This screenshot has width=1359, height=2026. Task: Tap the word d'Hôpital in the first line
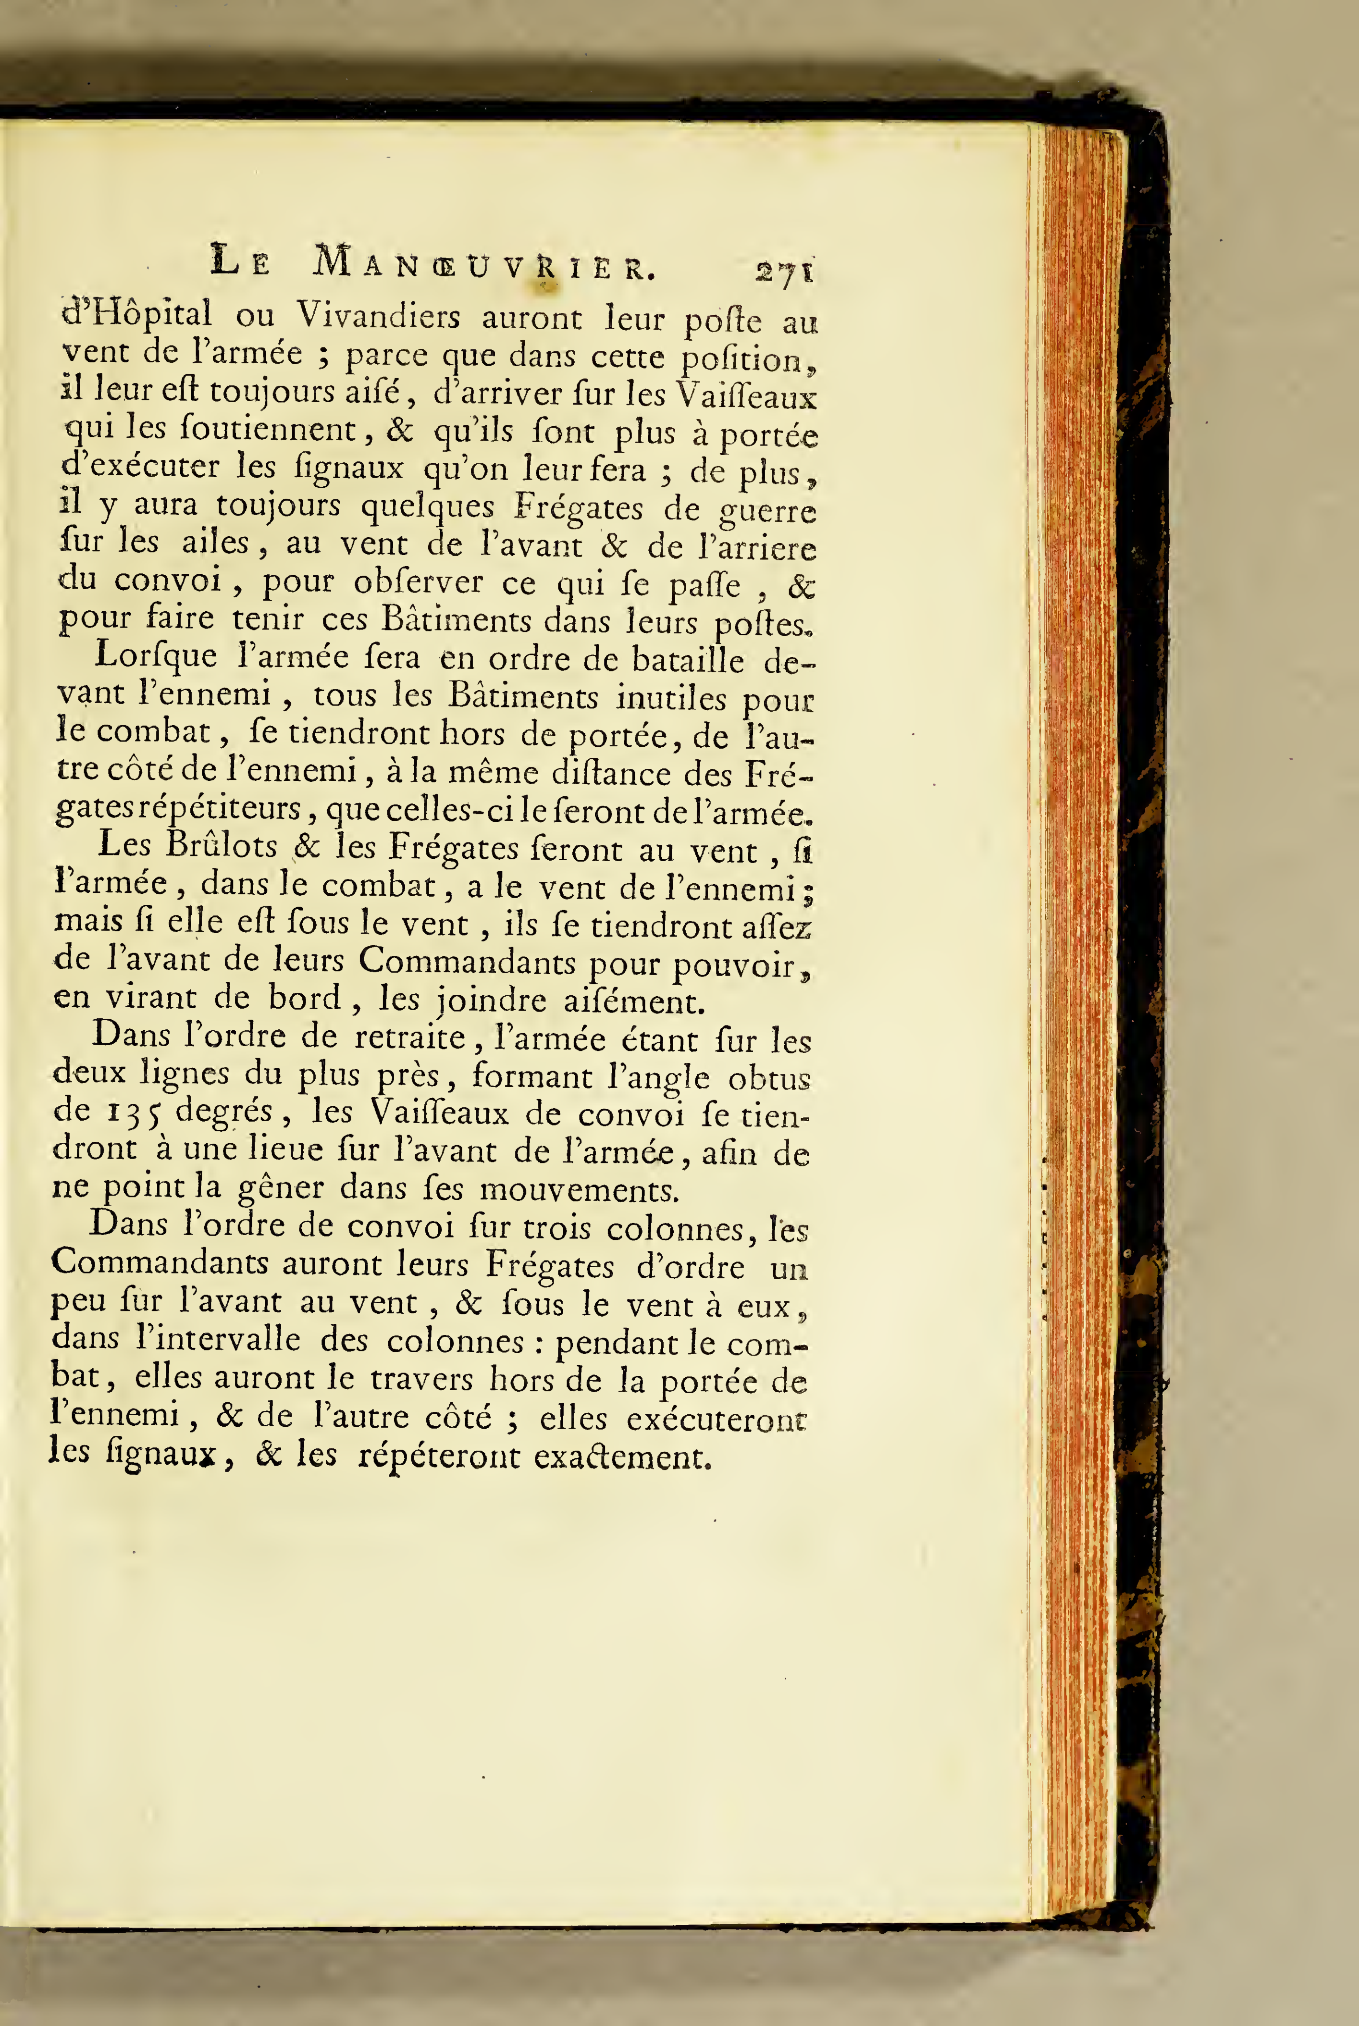click(137, 313)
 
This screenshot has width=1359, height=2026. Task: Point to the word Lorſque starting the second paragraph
click(156, 656)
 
